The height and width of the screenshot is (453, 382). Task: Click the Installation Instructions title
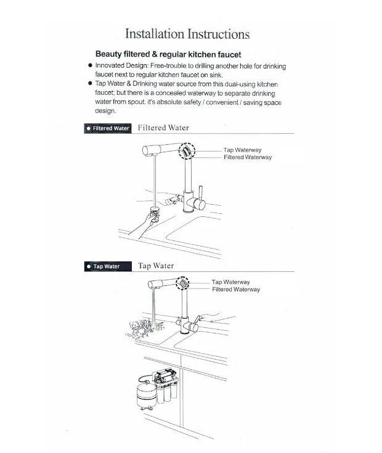(x=187, y=34)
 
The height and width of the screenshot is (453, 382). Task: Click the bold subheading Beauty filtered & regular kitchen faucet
(x=168, y=54)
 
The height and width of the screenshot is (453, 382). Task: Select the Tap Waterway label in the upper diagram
(x=242, y=150)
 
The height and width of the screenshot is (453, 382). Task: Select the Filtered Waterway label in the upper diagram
(x=247, y=158)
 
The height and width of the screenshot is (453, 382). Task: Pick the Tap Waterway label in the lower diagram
(x=230, y=282)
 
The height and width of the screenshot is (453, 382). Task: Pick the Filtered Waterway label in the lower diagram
(x=236, y=290)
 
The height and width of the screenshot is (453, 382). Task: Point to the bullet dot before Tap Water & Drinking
(x=90, y=83)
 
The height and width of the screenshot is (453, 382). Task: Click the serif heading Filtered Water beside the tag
(x=163, y=128)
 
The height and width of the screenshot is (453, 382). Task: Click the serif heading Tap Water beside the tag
(x=156, y=266)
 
